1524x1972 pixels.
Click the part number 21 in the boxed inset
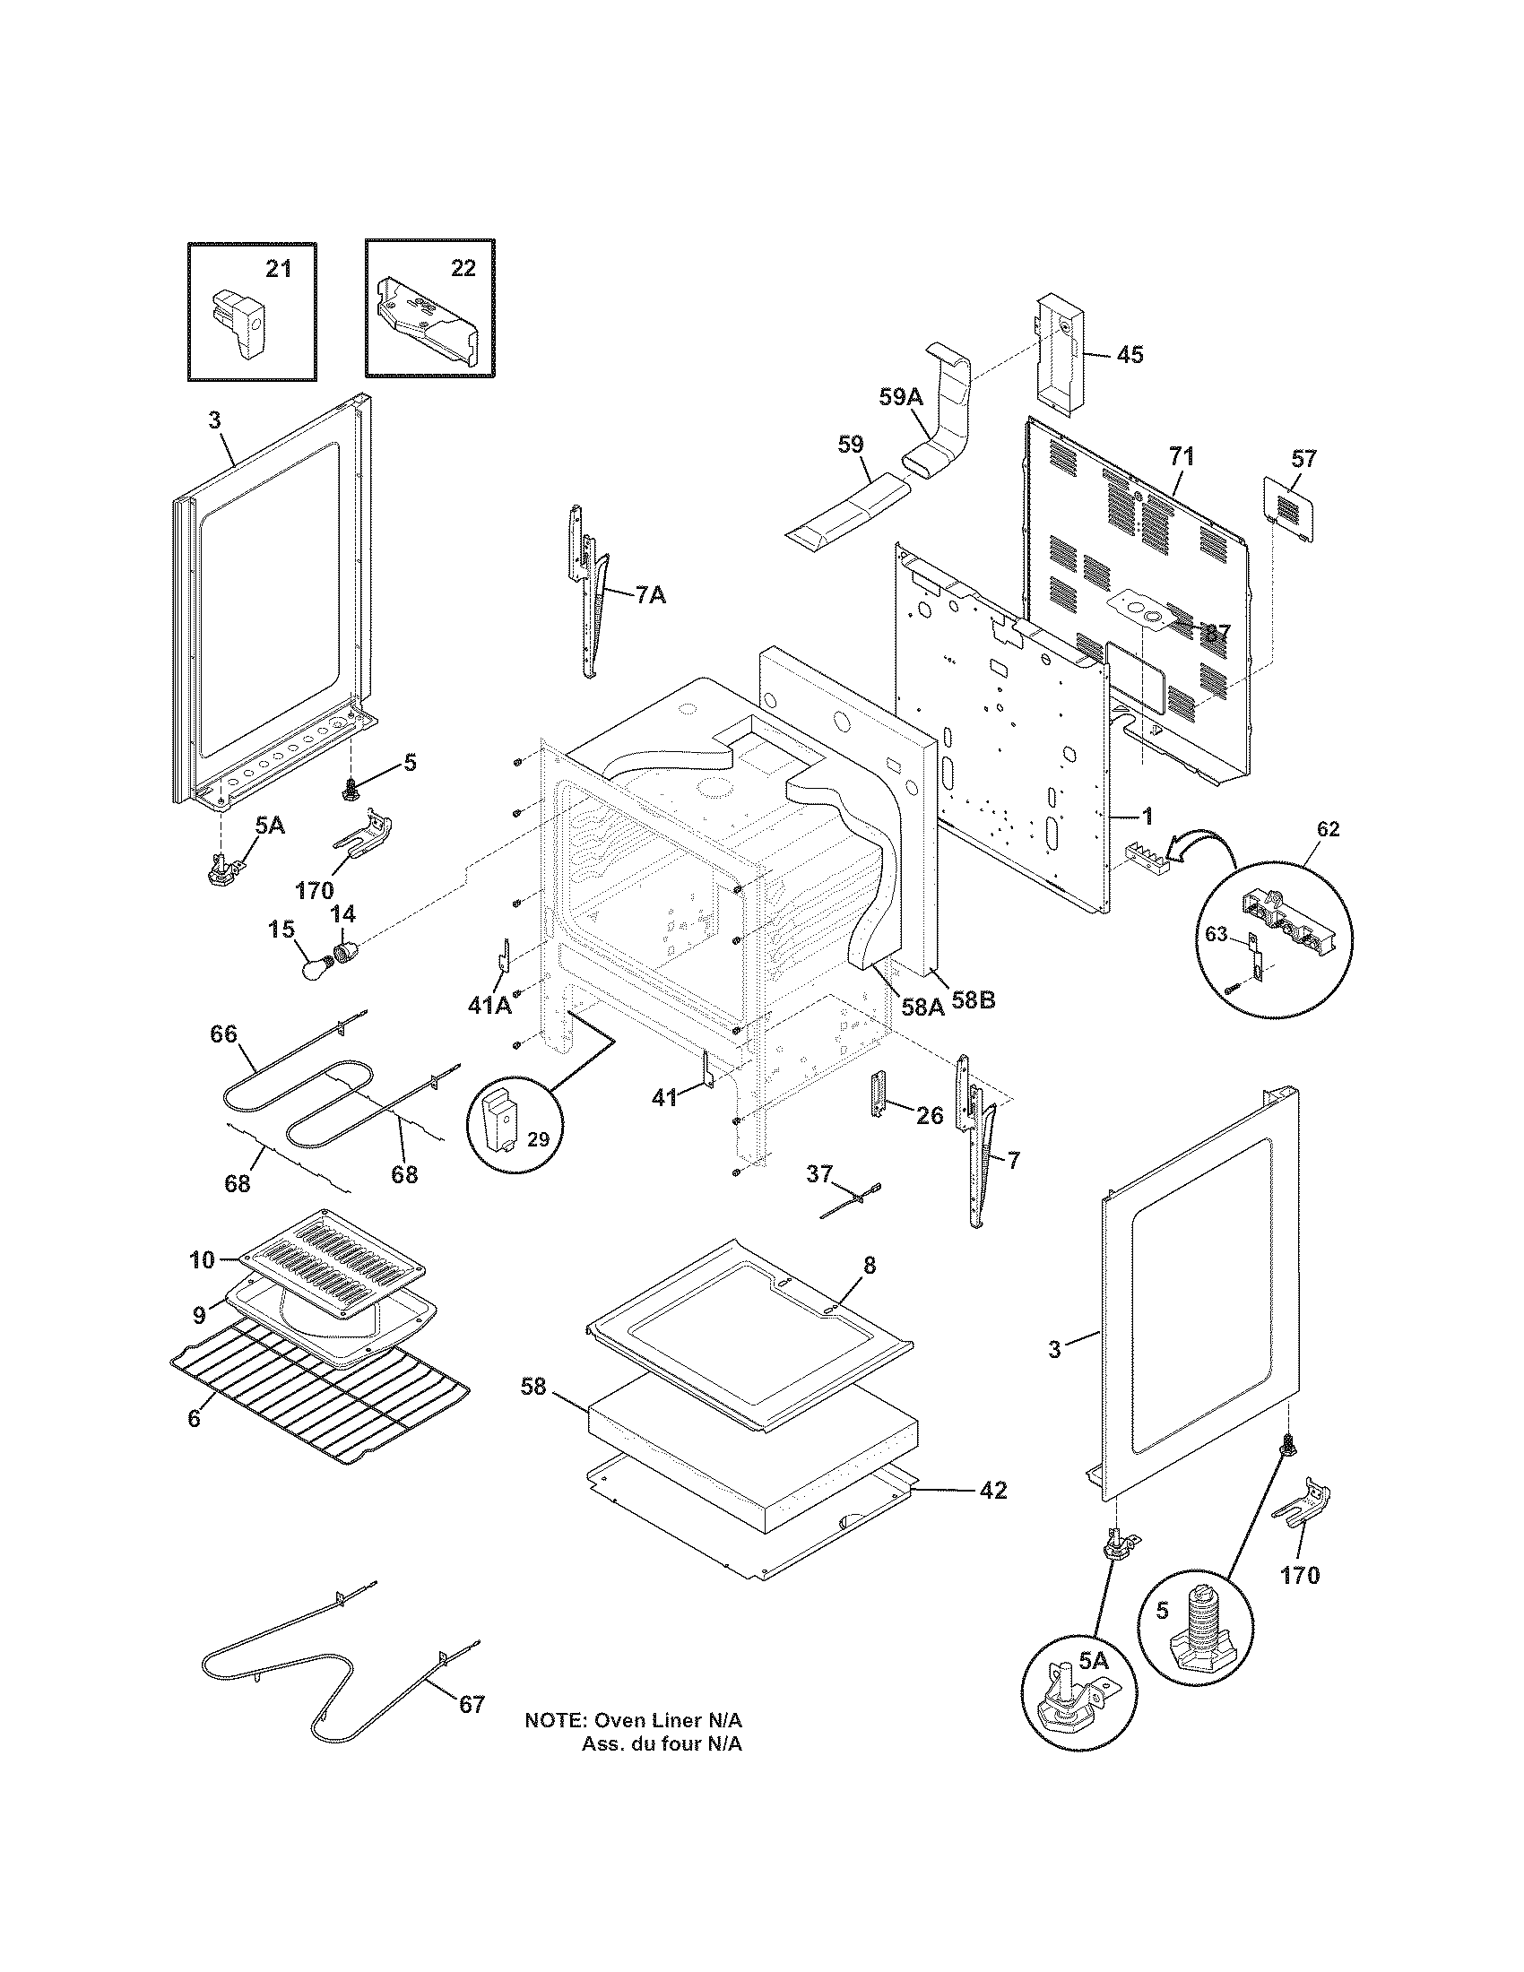pyautogui.click(x=278, y=268)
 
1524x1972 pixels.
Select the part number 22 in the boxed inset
pyautogui.click(x=463, y=268)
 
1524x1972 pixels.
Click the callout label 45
pyautogui.click(x=1130, y=355)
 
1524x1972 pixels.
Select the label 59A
pyautogui.click(x=901, y=396)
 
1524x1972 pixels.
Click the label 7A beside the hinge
pyautogui.click(x=650, y=595)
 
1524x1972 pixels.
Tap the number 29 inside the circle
pyautogui.click(x=537, y=1139)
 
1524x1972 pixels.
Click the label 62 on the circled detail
pyautogui.click(x=1328, y=829)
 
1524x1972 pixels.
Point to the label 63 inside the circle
pyautogui.click(x=1217, y=935)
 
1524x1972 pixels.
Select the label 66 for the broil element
pyautogui.click(x=224, y=1034)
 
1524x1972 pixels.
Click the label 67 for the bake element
pyautogui.click(x=472, y=1705)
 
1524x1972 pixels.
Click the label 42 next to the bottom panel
pyautogui.click(x=993, y=1491)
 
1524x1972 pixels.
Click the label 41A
pyautogui.click(x=489, y=1005)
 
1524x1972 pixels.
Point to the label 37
pyautogui.click(x=818, y=1174)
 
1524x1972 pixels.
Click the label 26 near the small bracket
pyautogui.click(x=929, y=1115)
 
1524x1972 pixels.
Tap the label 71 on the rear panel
pyautogui.click(x=1181, y=457)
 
